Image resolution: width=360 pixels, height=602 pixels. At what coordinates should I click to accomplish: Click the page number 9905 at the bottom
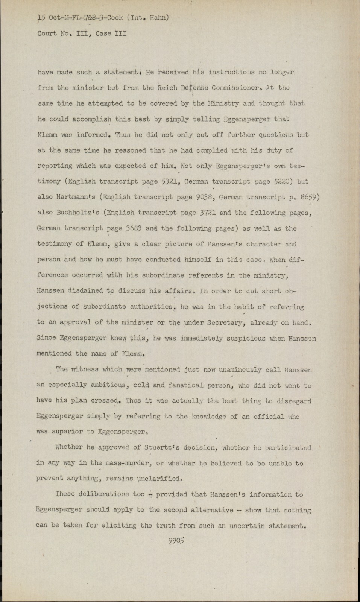[176, 541]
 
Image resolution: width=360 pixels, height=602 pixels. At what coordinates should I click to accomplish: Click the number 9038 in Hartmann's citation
[205, 197]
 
